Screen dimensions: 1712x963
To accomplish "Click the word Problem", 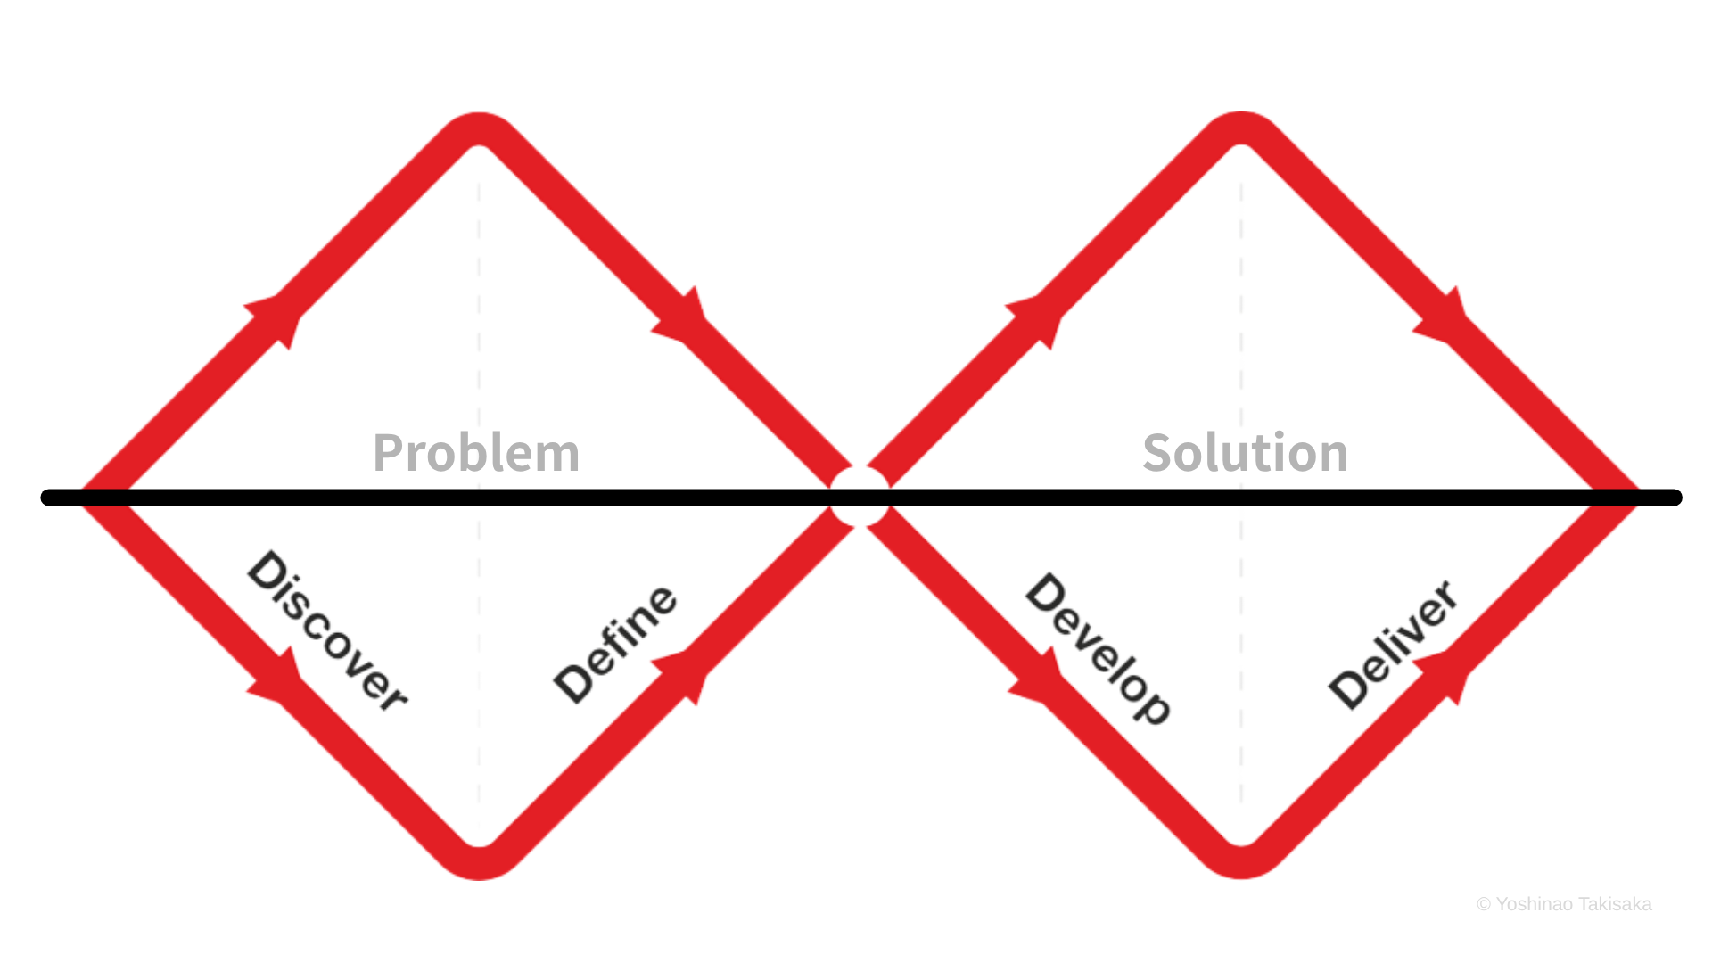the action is click(x=476, y=453).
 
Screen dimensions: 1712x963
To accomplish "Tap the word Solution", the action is click(x=1246, y=452).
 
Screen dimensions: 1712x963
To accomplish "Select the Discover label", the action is click(x=327, y=631).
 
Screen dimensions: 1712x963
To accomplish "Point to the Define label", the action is click(x=615, y=644).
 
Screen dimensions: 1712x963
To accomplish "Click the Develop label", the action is click(x=1098, y=648).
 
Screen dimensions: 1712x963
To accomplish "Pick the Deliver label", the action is click(x=1393, y=644).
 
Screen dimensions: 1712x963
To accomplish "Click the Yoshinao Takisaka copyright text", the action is click(x=1564, y=904).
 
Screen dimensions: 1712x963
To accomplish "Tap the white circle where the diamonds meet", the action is click(x=860, y=497).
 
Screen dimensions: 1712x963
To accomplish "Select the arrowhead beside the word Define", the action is click(x=682, y=676).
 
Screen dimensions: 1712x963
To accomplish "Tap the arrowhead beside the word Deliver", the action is click(x=1444, y=676).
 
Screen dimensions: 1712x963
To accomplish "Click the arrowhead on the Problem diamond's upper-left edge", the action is click(x=275, y=319).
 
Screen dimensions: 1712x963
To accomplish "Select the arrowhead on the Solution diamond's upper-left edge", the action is click(x=1036, y=319).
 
